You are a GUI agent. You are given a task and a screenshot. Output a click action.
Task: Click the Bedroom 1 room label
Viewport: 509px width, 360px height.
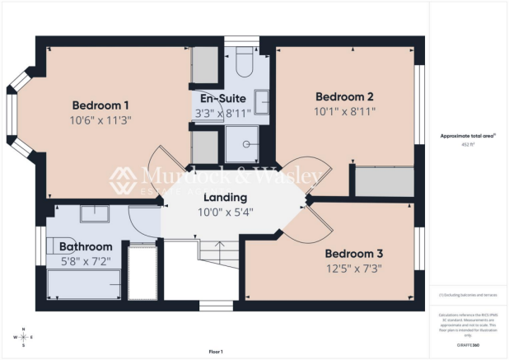pyautogui.click(x=100, y=105)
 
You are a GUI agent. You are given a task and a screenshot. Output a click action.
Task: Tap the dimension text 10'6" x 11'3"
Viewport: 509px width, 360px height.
pyautogui.click(x=100, y=120)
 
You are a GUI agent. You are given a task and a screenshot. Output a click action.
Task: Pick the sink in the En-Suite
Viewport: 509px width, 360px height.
pyautogui.click(x=261, y=101)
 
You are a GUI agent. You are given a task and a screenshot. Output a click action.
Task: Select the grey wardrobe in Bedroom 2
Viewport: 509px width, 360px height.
pyautogui.click(x=384, y=180)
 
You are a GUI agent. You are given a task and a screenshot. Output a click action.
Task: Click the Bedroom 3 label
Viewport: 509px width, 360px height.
pyautogui.click(x=353, y=253)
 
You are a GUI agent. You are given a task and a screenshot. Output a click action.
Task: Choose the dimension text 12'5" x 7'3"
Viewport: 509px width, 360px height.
pyautogui.click(x=353, y=268)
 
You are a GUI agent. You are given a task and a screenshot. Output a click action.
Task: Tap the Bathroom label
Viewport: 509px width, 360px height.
pyautogui.click(x=85, y=246)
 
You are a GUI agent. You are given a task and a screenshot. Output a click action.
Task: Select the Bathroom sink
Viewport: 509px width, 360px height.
pyautogui.click(x=91, y=213)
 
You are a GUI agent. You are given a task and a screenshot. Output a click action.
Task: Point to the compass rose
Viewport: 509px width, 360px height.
pyautogui.click(x=24, y=337)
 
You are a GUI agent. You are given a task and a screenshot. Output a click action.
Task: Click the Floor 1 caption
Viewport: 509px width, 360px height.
pyautogui.click(x=215, y=352)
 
